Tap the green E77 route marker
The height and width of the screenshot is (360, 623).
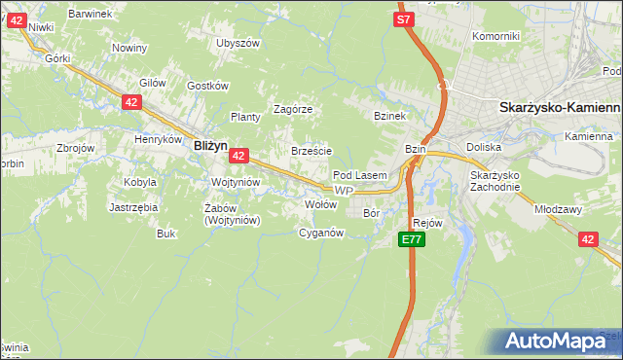413,238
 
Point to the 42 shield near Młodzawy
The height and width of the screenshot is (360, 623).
587,238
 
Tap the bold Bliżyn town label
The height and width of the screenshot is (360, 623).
210,145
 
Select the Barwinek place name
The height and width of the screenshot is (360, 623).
91,14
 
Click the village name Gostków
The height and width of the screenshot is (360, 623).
206,86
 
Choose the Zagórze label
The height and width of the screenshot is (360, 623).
292,109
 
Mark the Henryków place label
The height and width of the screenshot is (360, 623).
159,139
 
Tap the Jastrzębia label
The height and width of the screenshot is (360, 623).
133,207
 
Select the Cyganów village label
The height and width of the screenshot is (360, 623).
321,233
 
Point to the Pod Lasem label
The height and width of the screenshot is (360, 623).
360,175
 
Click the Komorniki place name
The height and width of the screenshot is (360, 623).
496,36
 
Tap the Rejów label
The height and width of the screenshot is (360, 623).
427,223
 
